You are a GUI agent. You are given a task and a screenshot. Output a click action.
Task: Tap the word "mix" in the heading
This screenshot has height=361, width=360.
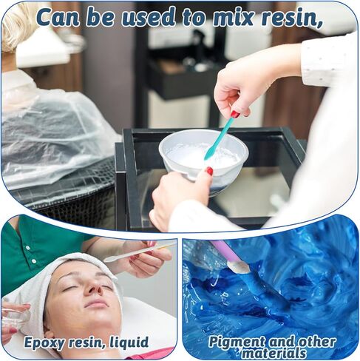232,17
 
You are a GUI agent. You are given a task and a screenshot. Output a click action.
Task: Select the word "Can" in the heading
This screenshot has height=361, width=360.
58,17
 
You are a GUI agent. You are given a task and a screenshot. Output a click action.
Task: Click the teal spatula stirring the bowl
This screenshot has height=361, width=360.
220,138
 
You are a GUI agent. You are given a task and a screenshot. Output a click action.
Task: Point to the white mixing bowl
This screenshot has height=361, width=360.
203,158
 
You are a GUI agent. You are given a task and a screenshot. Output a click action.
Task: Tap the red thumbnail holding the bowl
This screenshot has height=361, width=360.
209,171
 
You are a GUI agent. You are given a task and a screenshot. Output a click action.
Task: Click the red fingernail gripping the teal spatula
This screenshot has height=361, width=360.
235,115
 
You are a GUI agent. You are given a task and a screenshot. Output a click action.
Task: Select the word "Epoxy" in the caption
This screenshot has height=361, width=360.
44,343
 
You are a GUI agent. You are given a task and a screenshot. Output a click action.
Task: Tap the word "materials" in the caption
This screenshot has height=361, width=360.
274,353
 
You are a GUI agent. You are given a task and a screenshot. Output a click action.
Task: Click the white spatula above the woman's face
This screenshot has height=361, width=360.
139,252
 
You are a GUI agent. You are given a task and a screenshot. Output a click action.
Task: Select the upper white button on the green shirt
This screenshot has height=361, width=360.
27,247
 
